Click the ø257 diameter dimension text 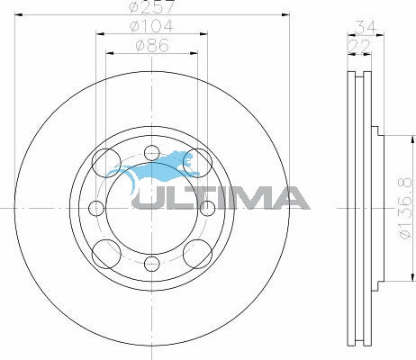coord(151,6)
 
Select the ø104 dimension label coord(151,26)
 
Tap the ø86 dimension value coord(152,46)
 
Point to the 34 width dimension coord(365,28)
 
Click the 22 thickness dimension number coord(359,46)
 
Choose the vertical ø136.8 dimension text coord(405,208)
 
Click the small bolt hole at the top coord(152,153)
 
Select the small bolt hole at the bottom coord(152,264)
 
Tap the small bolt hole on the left coord(96,208)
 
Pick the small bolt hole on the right coord(207,208)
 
